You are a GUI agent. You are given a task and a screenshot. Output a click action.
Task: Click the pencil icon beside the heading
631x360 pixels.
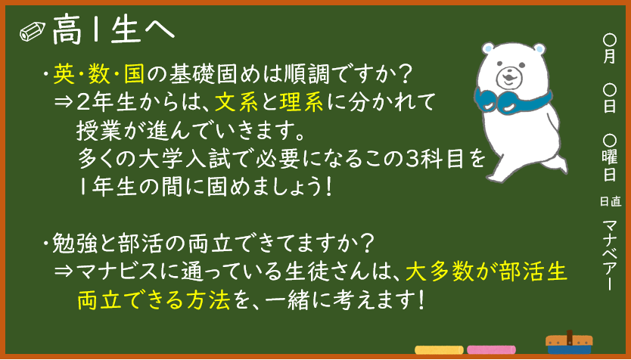[33, 32]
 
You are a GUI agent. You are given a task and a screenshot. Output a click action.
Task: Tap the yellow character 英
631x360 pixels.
[64, 75]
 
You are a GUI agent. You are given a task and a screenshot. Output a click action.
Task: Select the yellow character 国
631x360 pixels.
[135, 75]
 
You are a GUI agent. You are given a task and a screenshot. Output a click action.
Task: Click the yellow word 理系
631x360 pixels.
[301, 103]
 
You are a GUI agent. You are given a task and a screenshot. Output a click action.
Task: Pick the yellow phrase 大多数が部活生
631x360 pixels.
[486, 273]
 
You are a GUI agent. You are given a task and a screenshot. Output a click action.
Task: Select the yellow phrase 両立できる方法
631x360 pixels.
[154, 300]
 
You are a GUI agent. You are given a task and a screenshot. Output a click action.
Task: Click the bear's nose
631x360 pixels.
[508, 74]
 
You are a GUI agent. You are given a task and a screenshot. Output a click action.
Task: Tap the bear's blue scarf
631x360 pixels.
[511, 101]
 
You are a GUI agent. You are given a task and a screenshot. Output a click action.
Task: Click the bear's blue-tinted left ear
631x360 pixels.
[488, 48]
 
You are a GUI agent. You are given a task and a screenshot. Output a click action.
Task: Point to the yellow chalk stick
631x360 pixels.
[439, 350]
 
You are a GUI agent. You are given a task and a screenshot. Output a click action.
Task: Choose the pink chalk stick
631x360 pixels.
[491, 350]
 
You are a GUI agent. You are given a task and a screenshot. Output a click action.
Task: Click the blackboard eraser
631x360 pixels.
[569, 343]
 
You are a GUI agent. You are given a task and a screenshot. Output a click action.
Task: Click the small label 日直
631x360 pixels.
[611, 201]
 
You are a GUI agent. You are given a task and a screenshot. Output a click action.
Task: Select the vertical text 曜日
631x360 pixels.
[610, 166]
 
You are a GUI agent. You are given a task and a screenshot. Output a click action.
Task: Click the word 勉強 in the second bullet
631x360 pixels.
[74, 245]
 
